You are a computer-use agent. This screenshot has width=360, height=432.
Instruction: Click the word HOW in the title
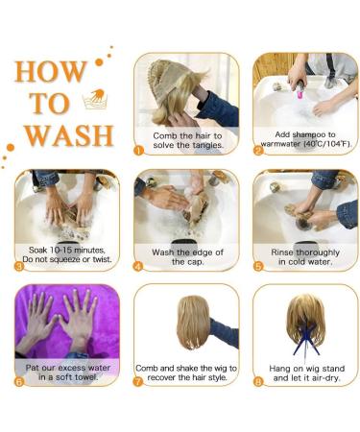pos(51,71)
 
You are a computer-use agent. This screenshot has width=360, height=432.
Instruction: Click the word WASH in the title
pos(69,135)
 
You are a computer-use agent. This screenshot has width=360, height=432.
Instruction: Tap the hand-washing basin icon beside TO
pos(95,99)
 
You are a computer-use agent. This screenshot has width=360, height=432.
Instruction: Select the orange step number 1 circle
pos(138,150)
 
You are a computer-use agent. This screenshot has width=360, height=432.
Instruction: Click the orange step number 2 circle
pos(258,150)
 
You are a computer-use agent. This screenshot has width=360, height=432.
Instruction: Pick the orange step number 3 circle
pos(19,266)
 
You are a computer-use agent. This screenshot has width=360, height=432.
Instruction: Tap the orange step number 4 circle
pos(138,266)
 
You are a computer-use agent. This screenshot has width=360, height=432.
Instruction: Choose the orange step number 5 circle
pos(258,266)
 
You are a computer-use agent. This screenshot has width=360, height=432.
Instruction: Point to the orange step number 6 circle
pos(19,381)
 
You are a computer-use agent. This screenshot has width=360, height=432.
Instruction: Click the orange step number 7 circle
pos(138,381)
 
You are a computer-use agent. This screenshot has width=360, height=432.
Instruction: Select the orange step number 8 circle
pos(258,381)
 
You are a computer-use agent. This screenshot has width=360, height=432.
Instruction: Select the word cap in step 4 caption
pos(196,262)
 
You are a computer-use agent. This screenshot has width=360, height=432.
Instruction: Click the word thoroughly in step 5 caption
pos(318,252)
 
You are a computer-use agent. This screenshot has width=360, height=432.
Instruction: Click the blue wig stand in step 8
pos(306,339)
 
